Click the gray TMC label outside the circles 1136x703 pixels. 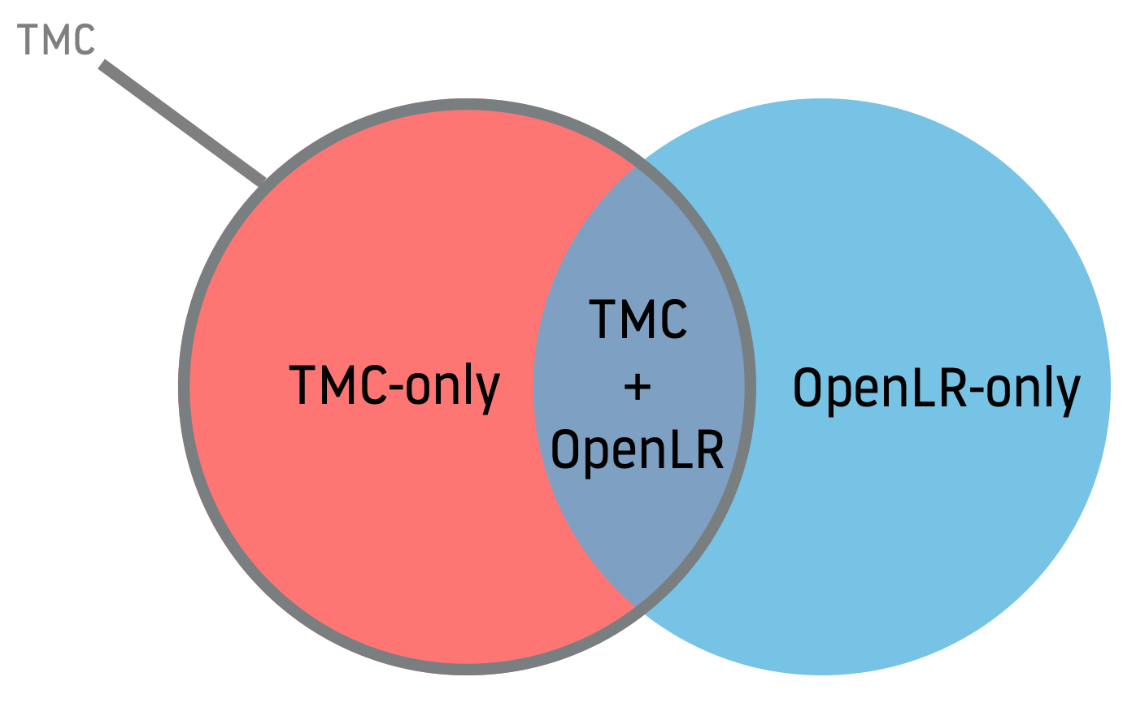coord(56,39)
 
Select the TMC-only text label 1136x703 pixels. coord(394,387)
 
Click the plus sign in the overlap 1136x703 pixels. coord(638,388)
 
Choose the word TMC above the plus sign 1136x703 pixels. coord(638,319)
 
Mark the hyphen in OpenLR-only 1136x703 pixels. coord(979,392)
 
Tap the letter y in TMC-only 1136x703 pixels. coord(488,393)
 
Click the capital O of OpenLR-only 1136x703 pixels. coord(807,388)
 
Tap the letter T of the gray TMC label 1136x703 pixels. coord(28,39)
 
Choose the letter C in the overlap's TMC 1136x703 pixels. coord(671,319)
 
